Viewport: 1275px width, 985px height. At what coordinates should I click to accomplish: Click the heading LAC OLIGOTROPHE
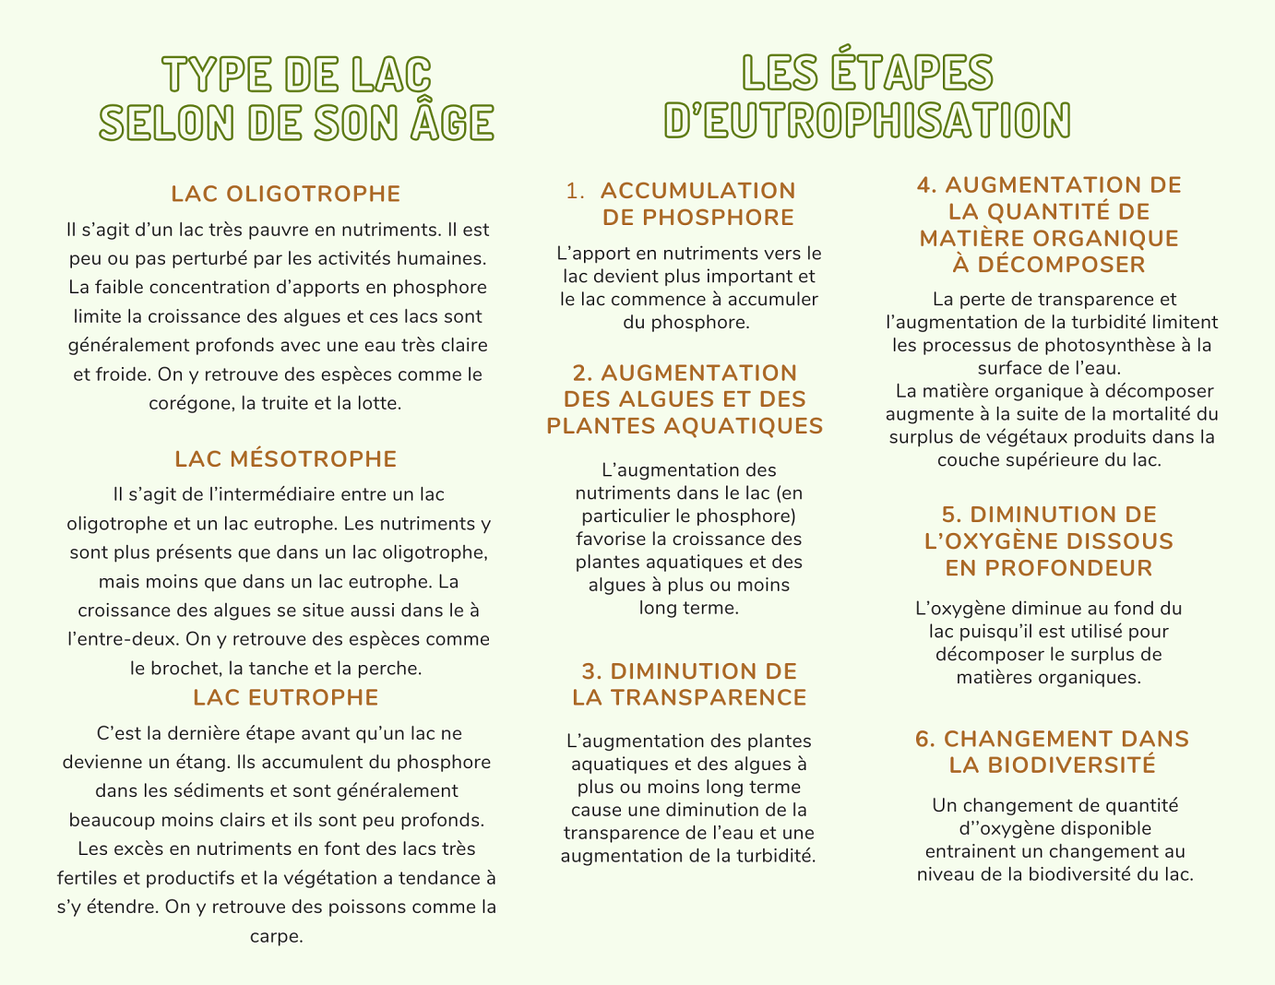(286, 194)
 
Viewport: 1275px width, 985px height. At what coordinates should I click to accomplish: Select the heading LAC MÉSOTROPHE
(286, 459)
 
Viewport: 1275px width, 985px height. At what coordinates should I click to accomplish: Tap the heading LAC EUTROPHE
(286, 697)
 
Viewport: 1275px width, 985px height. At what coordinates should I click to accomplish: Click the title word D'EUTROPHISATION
(867, 121)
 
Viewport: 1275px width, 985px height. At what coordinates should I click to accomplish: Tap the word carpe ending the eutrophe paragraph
(276, 937)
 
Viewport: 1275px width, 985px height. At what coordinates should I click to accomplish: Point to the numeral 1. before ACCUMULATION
(576, 191)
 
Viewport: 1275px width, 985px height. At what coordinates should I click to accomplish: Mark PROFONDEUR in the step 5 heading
(1049, 568)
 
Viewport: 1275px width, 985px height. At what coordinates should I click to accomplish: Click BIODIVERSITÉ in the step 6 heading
(1071, 765)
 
